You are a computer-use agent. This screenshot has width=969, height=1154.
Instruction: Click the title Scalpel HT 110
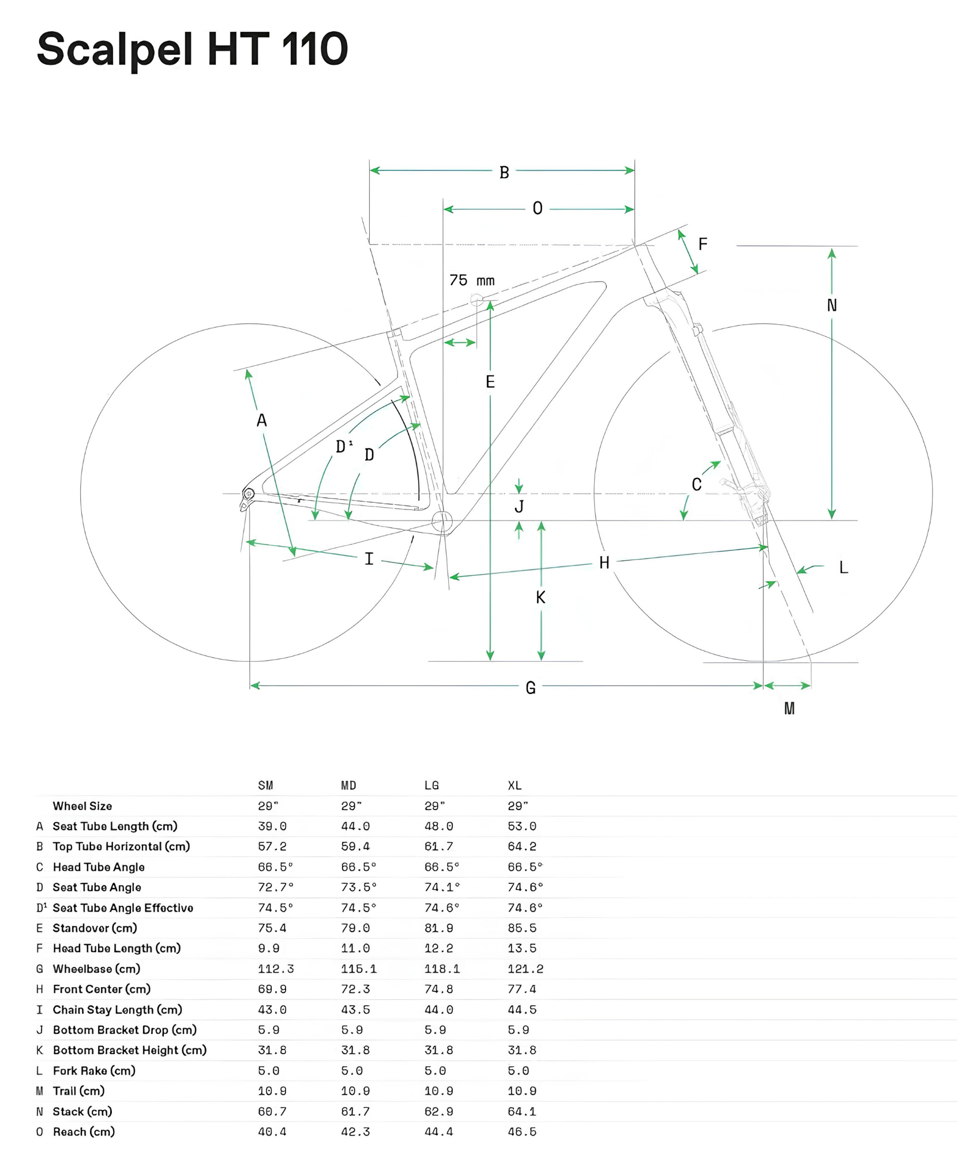193,50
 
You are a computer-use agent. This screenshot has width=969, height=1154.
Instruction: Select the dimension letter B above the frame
504,173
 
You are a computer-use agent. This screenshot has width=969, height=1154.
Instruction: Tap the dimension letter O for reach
538,208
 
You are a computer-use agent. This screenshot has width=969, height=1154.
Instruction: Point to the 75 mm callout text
472,280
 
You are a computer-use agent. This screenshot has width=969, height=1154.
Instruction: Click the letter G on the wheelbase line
531,688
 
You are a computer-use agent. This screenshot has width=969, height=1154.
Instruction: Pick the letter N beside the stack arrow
832,305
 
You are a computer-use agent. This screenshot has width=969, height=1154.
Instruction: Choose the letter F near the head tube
703,244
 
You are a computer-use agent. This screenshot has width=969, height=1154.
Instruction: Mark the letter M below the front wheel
790,708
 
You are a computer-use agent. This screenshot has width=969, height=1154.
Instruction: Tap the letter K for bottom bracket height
540,597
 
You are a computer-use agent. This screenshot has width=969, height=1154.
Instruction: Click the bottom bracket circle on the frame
442,521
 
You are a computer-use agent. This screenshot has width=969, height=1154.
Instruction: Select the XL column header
514,785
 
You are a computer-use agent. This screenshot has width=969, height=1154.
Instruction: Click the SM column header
265,785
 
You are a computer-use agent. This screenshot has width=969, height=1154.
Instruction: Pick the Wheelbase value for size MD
358,969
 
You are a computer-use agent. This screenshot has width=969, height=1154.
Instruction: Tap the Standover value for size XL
522,928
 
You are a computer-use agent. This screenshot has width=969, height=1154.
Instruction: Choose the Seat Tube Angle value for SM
276,887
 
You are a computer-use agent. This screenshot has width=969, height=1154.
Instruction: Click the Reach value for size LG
438,1131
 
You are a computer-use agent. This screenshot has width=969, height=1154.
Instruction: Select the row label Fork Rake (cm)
94,1070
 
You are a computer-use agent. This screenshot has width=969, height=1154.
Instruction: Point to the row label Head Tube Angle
99,867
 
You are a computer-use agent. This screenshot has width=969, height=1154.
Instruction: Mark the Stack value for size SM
272,1111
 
